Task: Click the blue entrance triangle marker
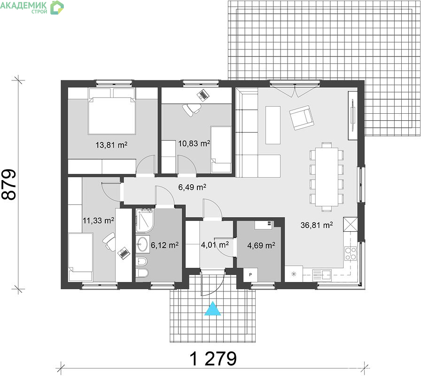click(x=213, y=309)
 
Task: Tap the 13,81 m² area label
click(x=111, y=145)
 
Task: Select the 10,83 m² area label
click(x=194, y=144)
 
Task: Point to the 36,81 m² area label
click(x=317, y=225)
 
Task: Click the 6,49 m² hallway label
click(x=192, y=187)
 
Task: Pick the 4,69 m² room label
click(x=261, y=245)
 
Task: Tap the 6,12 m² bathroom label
click(x=165, y=245)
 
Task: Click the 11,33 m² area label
click(x=99, y=221)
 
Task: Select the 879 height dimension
click(x=9, y=185)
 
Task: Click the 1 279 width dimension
click(x=213, y=359)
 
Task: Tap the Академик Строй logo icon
click(x=57, y=7)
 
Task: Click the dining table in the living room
click(x=327, y=177)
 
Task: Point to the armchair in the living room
click(x=302, y=117)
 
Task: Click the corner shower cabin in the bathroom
click(x=145, y=220)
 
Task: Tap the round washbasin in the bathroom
click(x=142, y=244)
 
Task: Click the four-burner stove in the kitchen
click(x=351, y=253)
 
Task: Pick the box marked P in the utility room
click(x=250, y=275)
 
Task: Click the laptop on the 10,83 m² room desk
click(x=203, y=95)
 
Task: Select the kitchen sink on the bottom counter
click(x=322, y=275)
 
